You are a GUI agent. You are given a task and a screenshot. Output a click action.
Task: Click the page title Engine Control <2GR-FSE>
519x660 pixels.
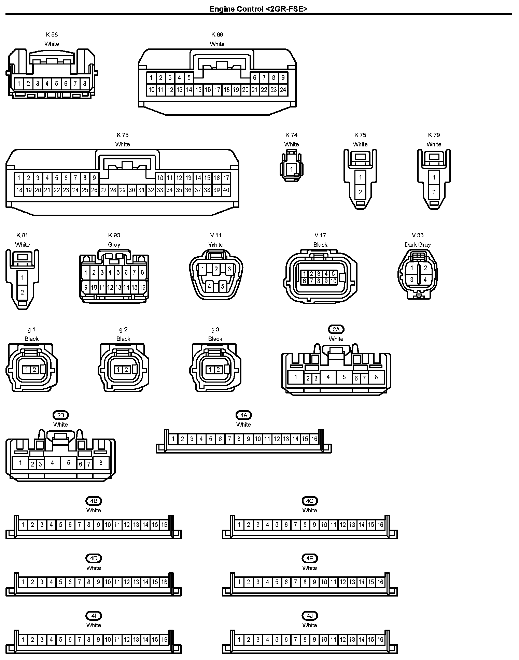point(258,9)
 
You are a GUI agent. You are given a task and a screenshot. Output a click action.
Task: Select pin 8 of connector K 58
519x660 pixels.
point(85,83)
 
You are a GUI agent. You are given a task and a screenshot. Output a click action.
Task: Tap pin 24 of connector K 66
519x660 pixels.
point(283,90)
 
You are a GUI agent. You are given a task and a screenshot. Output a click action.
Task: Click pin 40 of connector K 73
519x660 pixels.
point(226,190)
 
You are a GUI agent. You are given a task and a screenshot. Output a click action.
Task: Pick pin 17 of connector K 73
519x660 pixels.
point(226,178)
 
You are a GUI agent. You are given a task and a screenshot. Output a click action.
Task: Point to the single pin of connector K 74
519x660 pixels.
point(291,169)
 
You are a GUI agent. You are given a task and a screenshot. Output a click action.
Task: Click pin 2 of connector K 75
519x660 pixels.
point(360,192)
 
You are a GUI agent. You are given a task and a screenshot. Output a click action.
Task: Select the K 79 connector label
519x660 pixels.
point(434,135)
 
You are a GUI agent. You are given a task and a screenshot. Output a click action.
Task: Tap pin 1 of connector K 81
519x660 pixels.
point(23,277)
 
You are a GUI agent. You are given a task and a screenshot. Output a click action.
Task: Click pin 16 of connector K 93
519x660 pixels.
point(142,287)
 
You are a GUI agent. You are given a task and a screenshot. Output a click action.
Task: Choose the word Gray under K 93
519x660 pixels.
point(114,245)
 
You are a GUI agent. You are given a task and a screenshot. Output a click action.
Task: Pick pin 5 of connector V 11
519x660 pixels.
point(223,286)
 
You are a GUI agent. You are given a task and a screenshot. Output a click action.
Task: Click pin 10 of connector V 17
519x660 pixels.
point(333,281)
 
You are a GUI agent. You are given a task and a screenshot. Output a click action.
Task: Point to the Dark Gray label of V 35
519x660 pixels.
point(417,245)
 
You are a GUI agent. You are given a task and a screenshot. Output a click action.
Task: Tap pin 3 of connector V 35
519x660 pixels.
point(412,279)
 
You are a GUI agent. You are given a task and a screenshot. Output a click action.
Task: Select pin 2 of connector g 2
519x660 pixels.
point(126,370)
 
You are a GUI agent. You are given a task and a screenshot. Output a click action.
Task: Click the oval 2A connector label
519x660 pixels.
point(336,329)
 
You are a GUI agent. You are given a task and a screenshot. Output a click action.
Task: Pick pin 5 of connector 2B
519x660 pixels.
point(69,463)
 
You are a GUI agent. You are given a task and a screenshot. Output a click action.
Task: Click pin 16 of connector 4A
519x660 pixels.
point(314,439)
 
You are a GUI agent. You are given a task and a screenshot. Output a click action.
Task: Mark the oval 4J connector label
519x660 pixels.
point(309,616)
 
